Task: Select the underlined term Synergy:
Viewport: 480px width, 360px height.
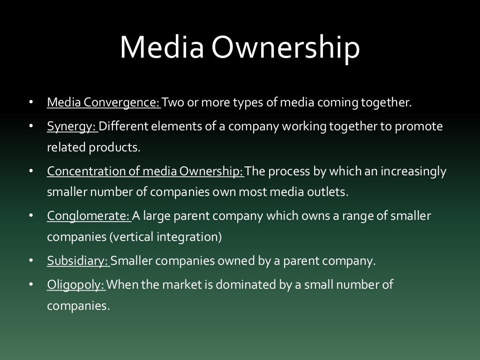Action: click(72, 127)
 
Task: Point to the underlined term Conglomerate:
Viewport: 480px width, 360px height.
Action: click(89, 216)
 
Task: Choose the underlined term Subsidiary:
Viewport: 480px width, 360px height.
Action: click(78, 261)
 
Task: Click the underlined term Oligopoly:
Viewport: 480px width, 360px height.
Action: click(76, 285)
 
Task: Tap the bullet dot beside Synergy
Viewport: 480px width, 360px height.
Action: click(31, 127)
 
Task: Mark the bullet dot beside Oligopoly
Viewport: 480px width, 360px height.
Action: click(31, 285)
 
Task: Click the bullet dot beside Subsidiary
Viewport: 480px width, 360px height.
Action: click(31, 261)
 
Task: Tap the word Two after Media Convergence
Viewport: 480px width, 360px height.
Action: click(173, 102)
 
